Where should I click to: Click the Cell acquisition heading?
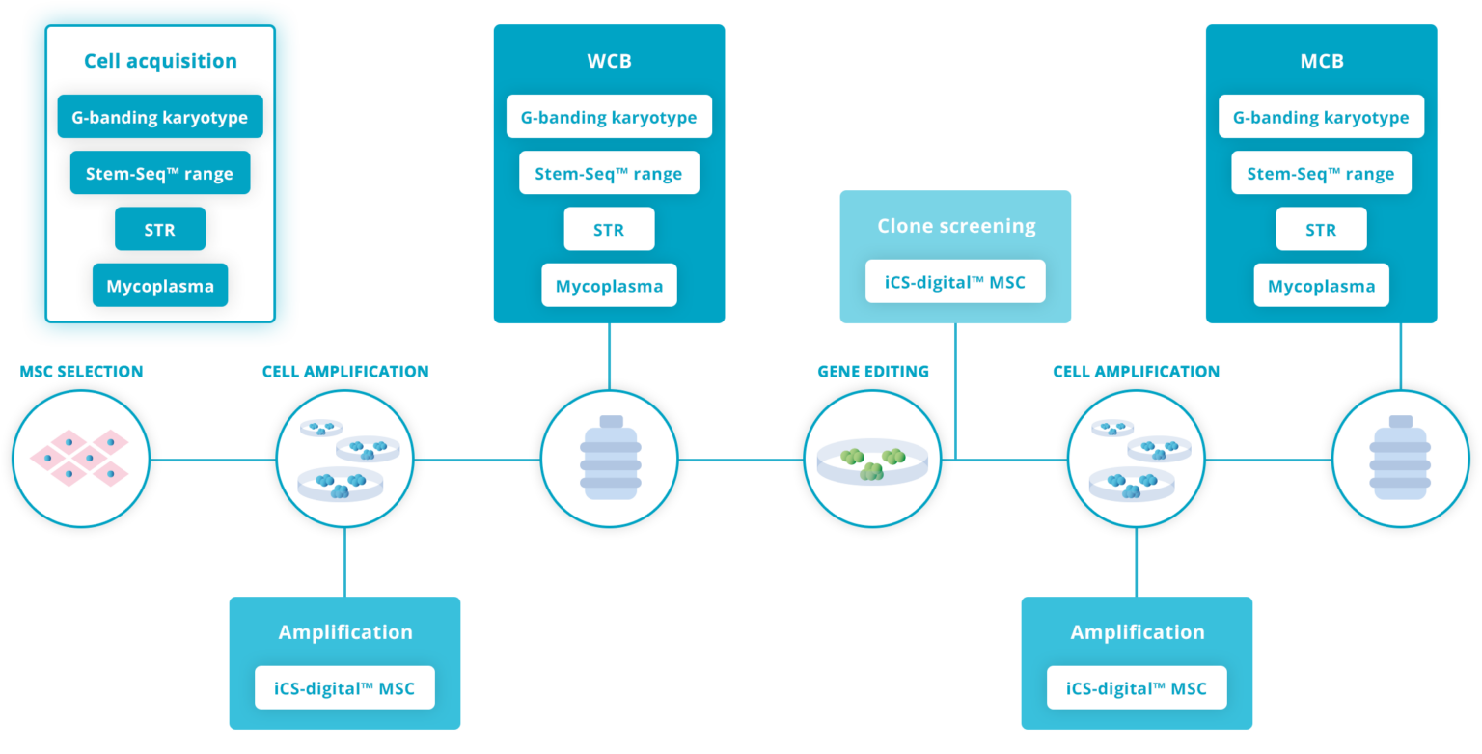[160, 61]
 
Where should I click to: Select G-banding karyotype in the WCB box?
[609, 118]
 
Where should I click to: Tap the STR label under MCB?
[1321, 230]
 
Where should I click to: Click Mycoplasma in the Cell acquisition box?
[160, 286]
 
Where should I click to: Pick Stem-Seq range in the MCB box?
[1321, 174]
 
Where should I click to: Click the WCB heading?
[609, 61]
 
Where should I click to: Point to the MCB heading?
[1321, 61]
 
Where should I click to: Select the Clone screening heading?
[955, 226]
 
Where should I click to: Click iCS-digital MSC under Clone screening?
[955, 282]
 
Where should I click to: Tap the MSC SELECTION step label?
[81, 372]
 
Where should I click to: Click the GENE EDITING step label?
[873, 372]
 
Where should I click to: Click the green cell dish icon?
[873, 461]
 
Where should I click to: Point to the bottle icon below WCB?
[609, 460]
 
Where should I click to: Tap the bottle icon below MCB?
[1400, 460]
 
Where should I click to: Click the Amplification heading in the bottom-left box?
[345, 632]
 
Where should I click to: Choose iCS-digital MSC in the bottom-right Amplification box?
[1137, 688]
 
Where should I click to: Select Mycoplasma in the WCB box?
[609, 286]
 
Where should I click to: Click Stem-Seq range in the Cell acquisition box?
[160, 174]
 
